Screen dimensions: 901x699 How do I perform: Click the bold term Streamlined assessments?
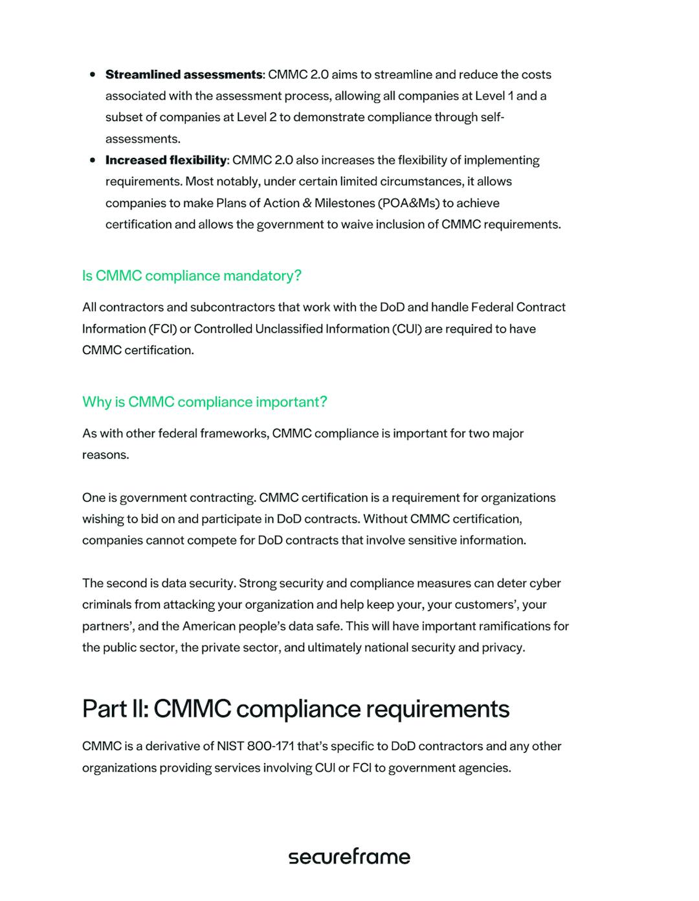[x=184, y=74]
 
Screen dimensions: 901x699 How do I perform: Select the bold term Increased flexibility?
[x=166, y=160]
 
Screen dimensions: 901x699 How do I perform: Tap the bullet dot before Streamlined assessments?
[x=93, y=74]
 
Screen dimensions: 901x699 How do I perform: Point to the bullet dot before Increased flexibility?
[x=93, y=160]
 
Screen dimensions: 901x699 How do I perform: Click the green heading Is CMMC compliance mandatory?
[x=192, y=276]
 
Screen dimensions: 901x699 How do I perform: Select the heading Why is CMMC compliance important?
[x=205, y=402]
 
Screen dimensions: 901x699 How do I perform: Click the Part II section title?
[x=296, y=709]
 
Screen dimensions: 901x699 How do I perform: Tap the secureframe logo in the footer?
[x=349, y=856]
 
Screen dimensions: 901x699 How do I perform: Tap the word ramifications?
[x=511, y=626]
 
